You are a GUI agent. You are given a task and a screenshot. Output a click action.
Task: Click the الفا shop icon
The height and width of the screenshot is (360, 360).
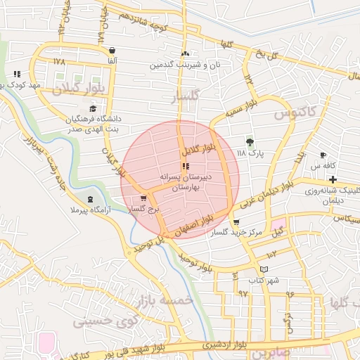click(x=112, y=51)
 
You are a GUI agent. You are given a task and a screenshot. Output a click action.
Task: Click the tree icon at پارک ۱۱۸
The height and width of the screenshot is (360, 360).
click(x=250, y=141)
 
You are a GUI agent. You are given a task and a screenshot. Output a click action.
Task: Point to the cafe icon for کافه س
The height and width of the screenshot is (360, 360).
click(x=323, y=155)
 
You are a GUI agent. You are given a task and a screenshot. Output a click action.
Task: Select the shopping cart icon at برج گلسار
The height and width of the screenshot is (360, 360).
click(x=143, y=198)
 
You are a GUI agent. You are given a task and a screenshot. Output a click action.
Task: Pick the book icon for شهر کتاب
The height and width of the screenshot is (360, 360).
click(x=264, y=269)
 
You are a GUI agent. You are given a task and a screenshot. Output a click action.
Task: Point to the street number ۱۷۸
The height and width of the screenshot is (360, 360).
click(x=58, y=61)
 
